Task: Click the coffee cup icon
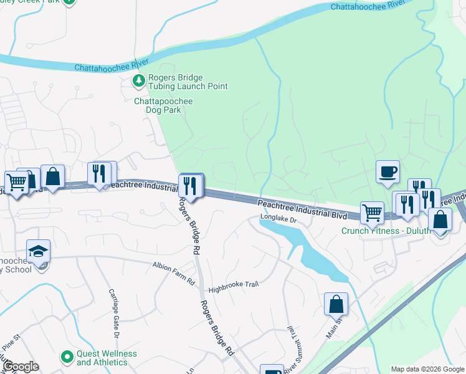388,171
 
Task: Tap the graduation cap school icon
38,251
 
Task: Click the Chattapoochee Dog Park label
163,105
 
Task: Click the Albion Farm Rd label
174,274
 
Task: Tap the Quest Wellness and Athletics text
102,358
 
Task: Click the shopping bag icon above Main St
336,304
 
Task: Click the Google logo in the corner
20,367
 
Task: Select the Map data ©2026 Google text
427,369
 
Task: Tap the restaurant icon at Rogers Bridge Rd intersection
191,185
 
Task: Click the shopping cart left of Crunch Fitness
372,212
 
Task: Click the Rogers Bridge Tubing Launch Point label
188,82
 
